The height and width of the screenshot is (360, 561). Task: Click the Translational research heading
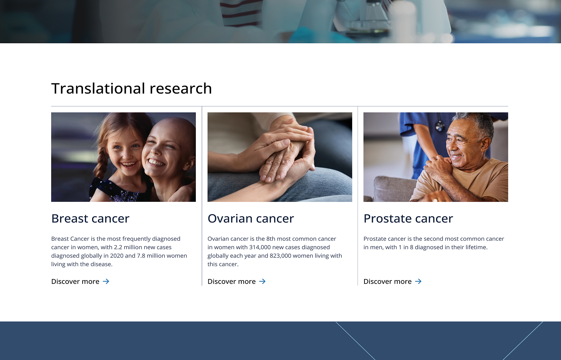tap(132, 88)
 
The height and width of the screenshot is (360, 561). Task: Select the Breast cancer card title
tap(90, 219)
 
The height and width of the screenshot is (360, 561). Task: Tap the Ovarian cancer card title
tap(250, 219)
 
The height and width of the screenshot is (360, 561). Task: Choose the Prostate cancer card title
tap(408, 219)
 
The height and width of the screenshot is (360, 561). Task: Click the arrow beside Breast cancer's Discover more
tap(106, 281)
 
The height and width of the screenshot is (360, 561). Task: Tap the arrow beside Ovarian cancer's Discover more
tap(262, 281)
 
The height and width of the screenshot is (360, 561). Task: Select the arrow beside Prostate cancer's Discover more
tap(418, 281)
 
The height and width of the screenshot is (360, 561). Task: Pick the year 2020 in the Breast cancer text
tap(117, 256)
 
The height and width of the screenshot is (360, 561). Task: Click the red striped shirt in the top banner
tap(241, 13)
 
